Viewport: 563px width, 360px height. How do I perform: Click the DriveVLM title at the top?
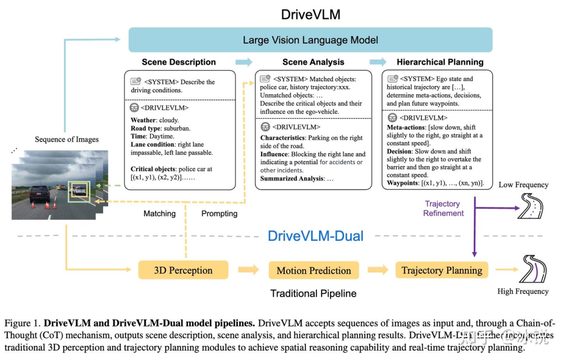(x=310, y=14)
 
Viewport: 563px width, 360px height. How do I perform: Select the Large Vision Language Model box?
(x=310, y=40)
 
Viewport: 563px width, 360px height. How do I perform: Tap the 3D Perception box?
(x=183, y=270)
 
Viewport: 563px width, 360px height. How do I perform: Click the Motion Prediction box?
(x=313, y=270)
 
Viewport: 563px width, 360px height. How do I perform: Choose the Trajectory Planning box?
(x=442, y=270)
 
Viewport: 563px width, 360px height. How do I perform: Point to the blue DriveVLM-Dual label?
(x=315, y=235)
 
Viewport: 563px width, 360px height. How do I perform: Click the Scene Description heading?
(x=178, y=62)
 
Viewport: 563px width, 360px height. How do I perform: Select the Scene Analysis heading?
(x=313, y=62)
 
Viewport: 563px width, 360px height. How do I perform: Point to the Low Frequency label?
(x=523, y=185)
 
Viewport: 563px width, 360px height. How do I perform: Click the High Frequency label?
(x=523, y=291)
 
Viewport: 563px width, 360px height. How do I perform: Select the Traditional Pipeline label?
(x=313, y=293)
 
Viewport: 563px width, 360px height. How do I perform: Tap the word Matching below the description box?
(x=160, y=214)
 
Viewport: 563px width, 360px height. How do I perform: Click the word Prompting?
(x=219, y=214)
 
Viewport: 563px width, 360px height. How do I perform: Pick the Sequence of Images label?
(x=67, y=139)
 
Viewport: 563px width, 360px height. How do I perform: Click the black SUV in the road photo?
(x=41, y=194)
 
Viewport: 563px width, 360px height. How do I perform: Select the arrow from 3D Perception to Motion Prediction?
(x=248, y=270)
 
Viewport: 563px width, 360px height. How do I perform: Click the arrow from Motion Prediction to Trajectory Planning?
(x=377, y=270)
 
